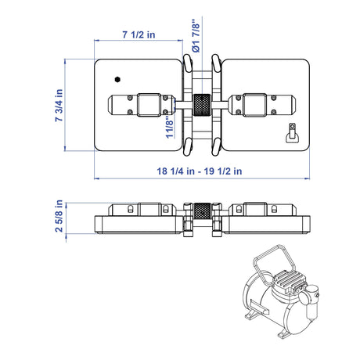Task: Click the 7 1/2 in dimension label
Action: click(139, 34)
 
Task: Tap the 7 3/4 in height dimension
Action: click(59, 105)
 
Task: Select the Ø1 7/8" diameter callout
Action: click(196, 36)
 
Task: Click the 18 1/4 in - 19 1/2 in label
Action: click(200, 171)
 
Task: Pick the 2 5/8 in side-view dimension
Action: click(59, 216)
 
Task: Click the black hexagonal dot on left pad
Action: click(117, 79)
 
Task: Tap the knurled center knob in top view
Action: click(201, 105)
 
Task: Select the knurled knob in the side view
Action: click(202, 211)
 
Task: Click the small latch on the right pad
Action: click(292, 133)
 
